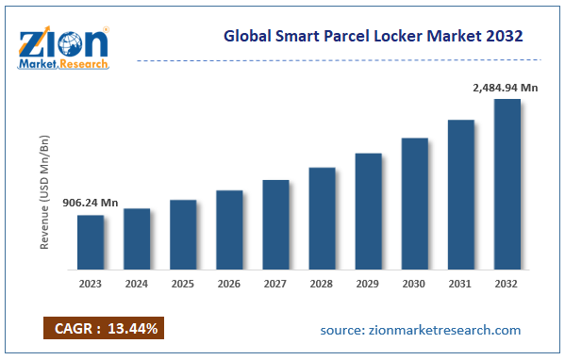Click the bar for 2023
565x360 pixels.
[91, 241]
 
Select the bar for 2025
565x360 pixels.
[183, 234]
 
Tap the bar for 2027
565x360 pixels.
[275, 223]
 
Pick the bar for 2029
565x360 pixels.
[368, 210]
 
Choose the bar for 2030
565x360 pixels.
[414, 203]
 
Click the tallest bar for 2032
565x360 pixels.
[507, 183]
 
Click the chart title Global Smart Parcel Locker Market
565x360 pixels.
[374, 36]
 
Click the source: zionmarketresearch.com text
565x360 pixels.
[420, 330]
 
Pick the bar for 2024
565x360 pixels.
[137, 237]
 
